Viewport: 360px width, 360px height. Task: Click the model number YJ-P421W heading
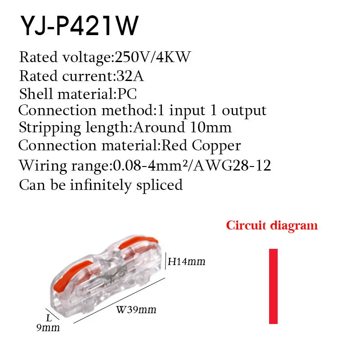[80, 25]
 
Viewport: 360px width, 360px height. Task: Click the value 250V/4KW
[153, 57]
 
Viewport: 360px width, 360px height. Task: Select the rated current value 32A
[130, 76]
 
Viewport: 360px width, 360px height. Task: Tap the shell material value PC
[127, 94]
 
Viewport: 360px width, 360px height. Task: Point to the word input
[187, 111]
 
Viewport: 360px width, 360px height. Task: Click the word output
[244, 111]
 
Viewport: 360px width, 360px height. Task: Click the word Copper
[216, 146]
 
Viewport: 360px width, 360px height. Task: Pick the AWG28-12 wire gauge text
[232, 165]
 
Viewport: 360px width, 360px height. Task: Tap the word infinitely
[100, 185]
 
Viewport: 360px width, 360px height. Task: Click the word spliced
[159, 185]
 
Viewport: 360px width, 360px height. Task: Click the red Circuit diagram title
[272, 225]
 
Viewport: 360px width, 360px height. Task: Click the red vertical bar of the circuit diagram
[273, 286]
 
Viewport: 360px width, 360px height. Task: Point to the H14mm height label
[186, 261]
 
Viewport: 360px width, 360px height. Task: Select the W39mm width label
[136, 310]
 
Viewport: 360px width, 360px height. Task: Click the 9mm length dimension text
[48, 328]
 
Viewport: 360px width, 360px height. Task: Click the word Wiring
[43, 166]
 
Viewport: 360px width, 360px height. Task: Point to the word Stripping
[50, 128]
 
